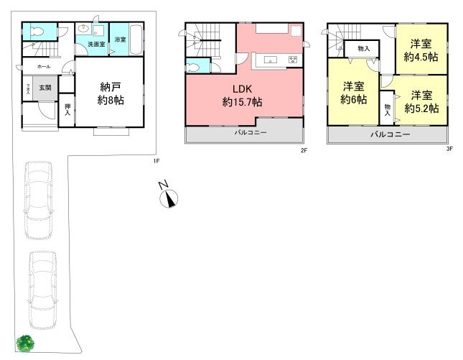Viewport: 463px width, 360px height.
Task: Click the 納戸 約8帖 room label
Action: pos(111,94)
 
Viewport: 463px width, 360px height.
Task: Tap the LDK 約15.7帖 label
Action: pos(242,96)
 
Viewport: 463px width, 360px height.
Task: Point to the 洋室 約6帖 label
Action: pos(354,93)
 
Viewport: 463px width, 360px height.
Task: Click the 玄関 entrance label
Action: pos(45,88)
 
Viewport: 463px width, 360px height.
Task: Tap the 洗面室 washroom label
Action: pos(96,45)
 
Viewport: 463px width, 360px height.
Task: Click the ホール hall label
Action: pos(34,66)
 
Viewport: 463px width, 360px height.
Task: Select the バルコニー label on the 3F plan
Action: pos(390,135)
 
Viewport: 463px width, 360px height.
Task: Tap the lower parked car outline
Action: pos(43,286)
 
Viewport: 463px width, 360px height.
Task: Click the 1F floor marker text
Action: pos(155,161)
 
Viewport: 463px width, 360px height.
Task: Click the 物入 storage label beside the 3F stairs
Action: pos(364,48)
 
